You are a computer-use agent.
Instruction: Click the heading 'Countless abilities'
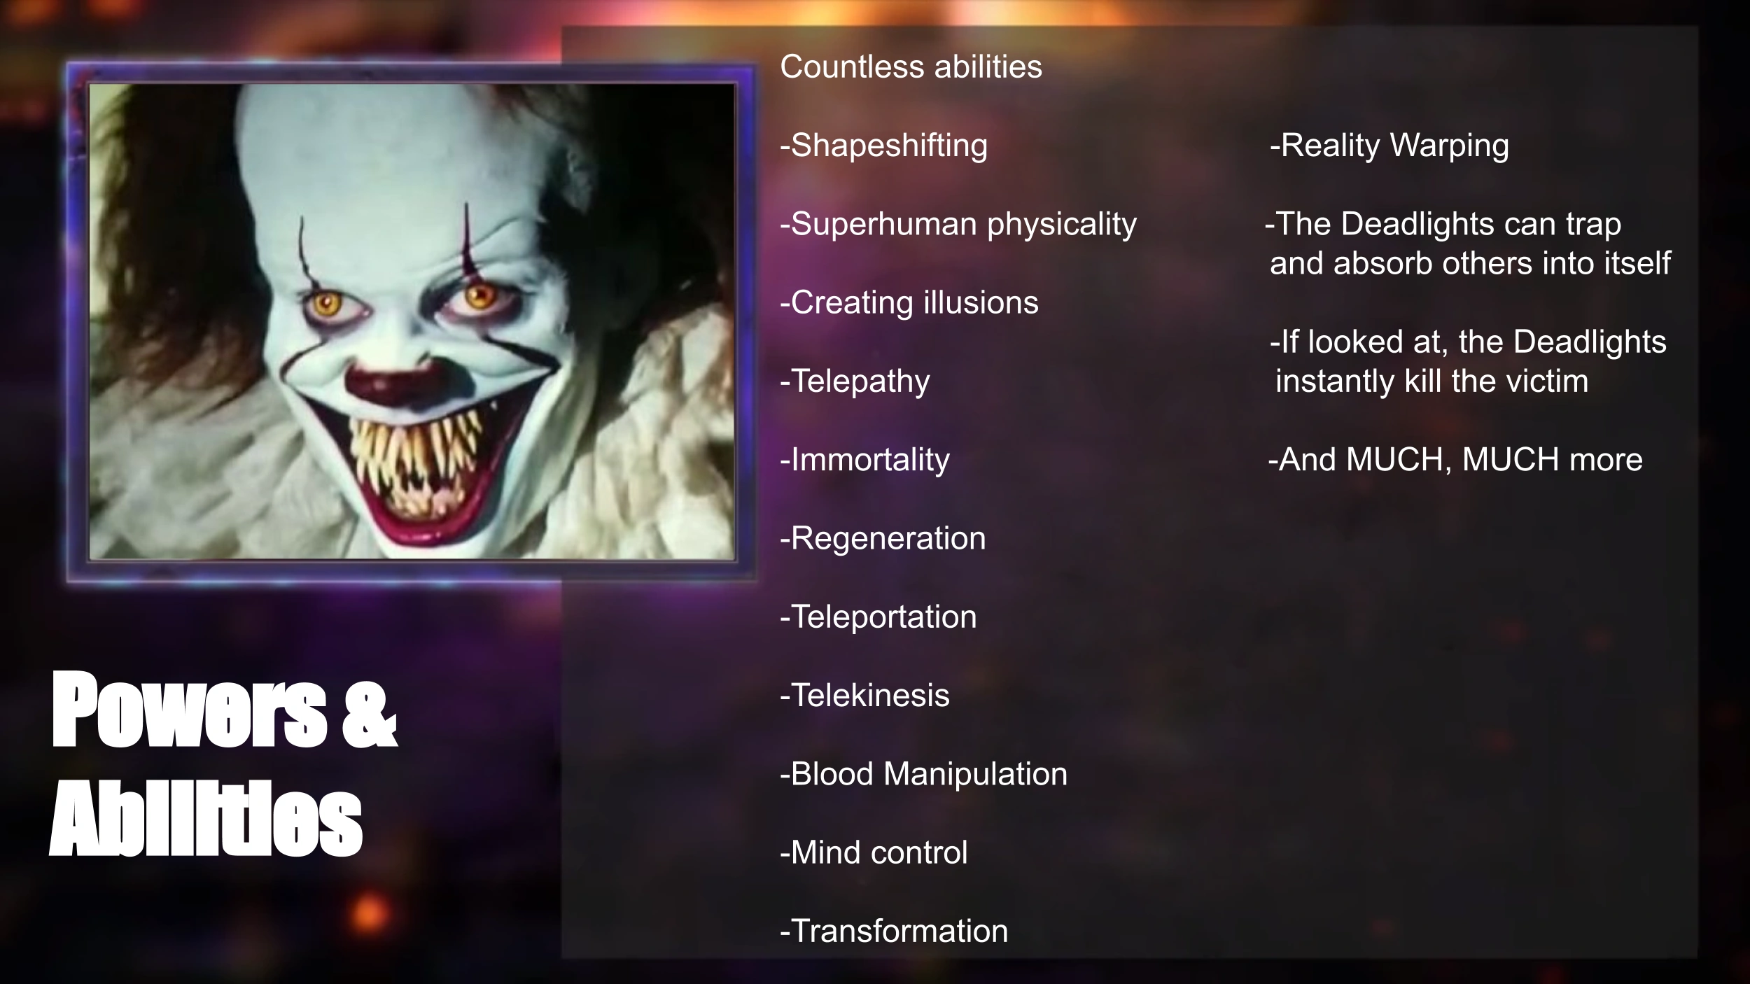[911, 67]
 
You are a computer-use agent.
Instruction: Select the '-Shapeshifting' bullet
[883, 146]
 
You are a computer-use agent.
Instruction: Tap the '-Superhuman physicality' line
[958, 225]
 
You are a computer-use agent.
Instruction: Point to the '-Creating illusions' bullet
[909, 303]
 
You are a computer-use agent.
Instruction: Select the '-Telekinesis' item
[864, 696]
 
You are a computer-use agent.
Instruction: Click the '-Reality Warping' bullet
[1389, 146]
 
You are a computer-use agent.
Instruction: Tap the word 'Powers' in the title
[189, 710]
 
